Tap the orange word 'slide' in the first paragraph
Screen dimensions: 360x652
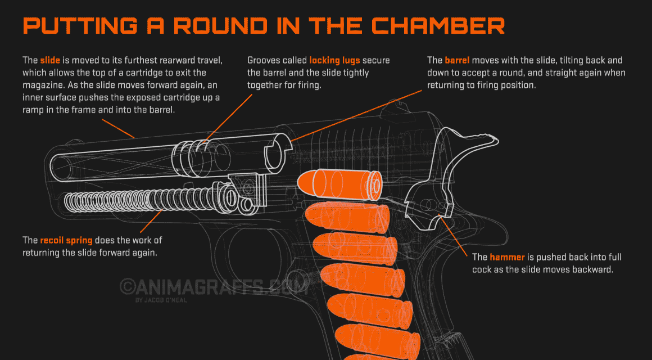pyautogui.click(x=49, y=60)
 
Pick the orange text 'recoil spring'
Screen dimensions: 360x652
pyautogui.click(x=66, y=240)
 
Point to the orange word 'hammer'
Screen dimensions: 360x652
pyautogui.click(x=507, y=257)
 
